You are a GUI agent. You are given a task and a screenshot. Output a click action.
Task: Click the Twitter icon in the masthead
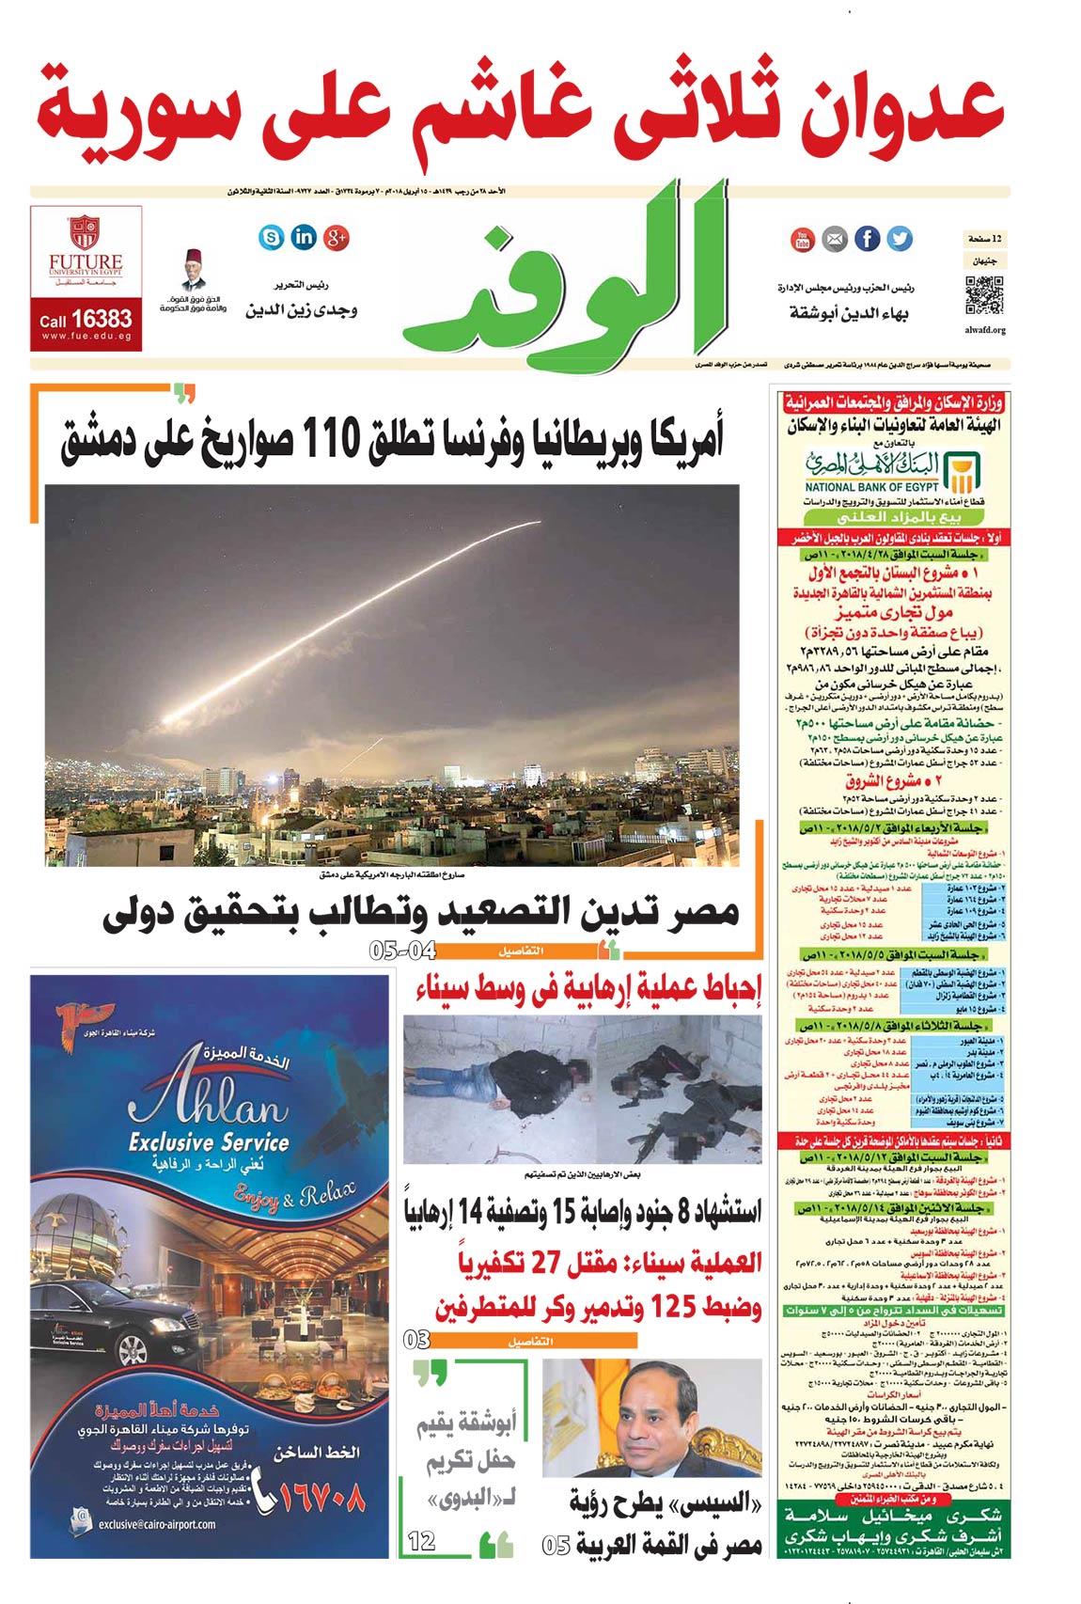coord(900,239)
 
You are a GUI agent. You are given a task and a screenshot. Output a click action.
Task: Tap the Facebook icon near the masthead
coord(868,239)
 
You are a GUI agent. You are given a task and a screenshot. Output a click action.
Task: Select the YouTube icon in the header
coord(802,240)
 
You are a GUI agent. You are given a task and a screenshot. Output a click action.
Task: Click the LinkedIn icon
coord(304,237)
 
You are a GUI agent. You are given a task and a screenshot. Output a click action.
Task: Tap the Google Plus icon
coord(337,237)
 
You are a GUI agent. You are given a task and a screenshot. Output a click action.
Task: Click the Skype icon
coord(271,237)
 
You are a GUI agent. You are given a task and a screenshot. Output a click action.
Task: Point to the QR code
coord(984,295)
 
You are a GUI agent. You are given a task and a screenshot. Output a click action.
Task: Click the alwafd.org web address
coord(984,330)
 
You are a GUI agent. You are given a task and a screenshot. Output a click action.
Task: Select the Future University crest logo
coord(86,232)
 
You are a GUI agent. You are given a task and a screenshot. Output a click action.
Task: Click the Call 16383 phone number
coord(86,320)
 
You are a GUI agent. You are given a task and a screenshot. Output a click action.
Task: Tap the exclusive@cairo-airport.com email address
coord(156,1524)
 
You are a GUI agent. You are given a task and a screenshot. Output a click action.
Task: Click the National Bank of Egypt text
coord(871,487)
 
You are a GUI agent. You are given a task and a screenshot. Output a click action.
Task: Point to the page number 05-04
coord(402,951)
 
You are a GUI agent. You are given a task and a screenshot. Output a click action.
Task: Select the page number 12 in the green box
coord(422,1541)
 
